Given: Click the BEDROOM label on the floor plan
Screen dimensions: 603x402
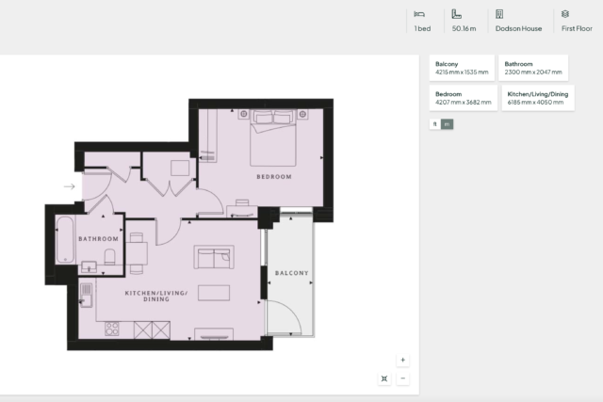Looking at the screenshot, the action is [274, 177].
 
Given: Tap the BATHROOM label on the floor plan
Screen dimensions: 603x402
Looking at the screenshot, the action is [98, 239].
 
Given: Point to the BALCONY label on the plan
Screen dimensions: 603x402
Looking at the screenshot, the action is [291, 273].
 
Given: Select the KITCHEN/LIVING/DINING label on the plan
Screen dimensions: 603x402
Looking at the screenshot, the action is [156, 296].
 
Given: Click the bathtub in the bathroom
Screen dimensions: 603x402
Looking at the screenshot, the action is [65, 240].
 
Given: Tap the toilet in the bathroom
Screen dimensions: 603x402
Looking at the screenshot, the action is [109, 257].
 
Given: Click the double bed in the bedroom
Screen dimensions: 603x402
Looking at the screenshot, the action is [273, 137].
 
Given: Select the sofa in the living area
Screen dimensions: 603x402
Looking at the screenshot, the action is [214, 257].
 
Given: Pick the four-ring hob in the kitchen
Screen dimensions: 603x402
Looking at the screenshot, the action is [112, 329].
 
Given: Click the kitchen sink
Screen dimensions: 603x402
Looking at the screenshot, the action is [86, 296].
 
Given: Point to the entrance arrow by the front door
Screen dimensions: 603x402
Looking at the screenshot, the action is [69, 186].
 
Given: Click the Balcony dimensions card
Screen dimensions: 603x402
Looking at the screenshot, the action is [462, 68].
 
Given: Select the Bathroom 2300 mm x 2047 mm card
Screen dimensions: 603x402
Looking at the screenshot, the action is [533, 68].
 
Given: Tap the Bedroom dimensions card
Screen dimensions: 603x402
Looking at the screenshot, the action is [464, 98].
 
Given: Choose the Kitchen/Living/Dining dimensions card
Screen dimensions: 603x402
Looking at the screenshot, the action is [538, 98].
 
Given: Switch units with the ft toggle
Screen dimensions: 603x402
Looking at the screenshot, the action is [435, 124].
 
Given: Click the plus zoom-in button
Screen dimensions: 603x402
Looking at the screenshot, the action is [402, 361].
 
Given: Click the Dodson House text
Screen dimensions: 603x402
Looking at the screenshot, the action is [518, 28].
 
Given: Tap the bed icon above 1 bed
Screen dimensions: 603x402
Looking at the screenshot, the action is [419, 15].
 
